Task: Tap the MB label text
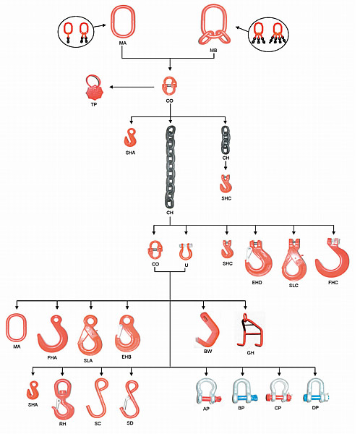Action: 213,51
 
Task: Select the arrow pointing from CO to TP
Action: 132,88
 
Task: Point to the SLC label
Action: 293,286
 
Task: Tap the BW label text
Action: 207,352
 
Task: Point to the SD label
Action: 130,423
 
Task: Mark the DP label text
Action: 315,408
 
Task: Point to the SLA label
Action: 88,361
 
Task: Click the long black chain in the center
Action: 170,167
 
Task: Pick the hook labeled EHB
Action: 136,341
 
